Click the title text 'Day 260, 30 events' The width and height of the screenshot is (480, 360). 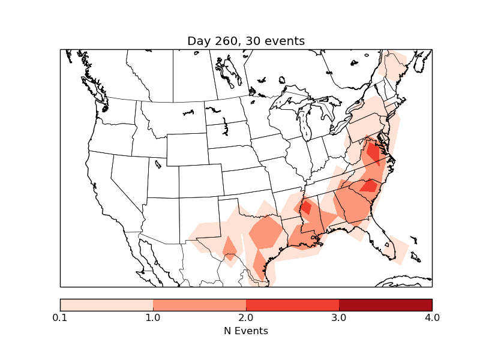246,41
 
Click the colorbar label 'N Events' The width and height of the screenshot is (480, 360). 246,331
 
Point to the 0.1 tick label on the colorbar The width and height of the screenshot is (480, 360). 60,317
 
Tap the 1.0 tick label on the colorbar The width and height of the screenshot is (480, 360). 153,317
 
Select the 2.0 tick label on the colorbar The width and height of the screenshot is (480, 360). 246,317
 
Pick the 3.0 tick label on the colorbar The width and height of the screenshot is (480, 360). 339,317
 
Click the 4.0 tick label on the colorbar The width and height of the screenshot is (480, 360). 432,317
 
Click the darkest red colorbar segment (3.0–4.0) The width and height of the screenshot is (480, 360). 385,305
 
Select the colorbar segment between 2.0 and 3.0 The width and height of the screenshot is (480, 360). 292,305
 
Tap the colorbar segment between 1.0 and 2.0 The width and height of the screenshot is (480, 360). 199,305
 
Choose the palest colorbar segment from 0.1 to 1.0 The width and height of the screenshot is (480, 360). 106,305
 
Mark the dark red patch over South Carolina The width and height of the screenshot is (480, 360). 368,186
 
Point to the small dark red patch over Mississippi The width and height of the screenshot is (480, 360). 305,207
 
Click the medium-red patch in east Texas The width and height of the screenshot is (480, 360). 266,232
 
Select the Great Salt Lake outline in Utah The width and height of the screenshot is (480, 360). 158,164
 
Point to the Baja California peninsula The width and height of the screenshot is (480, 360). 147,258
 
